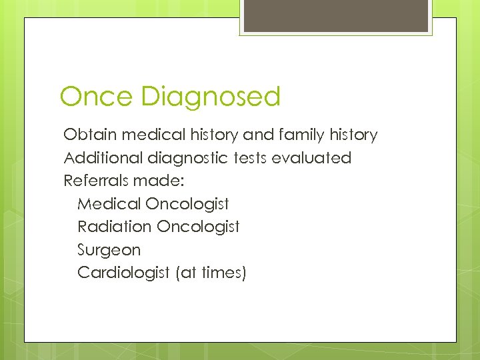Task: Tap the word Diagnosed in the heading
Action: point(211,97)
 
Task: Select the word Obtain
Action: point(88,135)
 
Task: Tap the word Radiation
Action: point(115,227)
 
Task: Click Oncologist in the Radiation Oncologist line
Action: point(198,227)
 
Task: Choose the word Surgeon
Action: point(109,251)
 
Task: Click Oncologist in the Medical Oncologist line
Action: point(187,204)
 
